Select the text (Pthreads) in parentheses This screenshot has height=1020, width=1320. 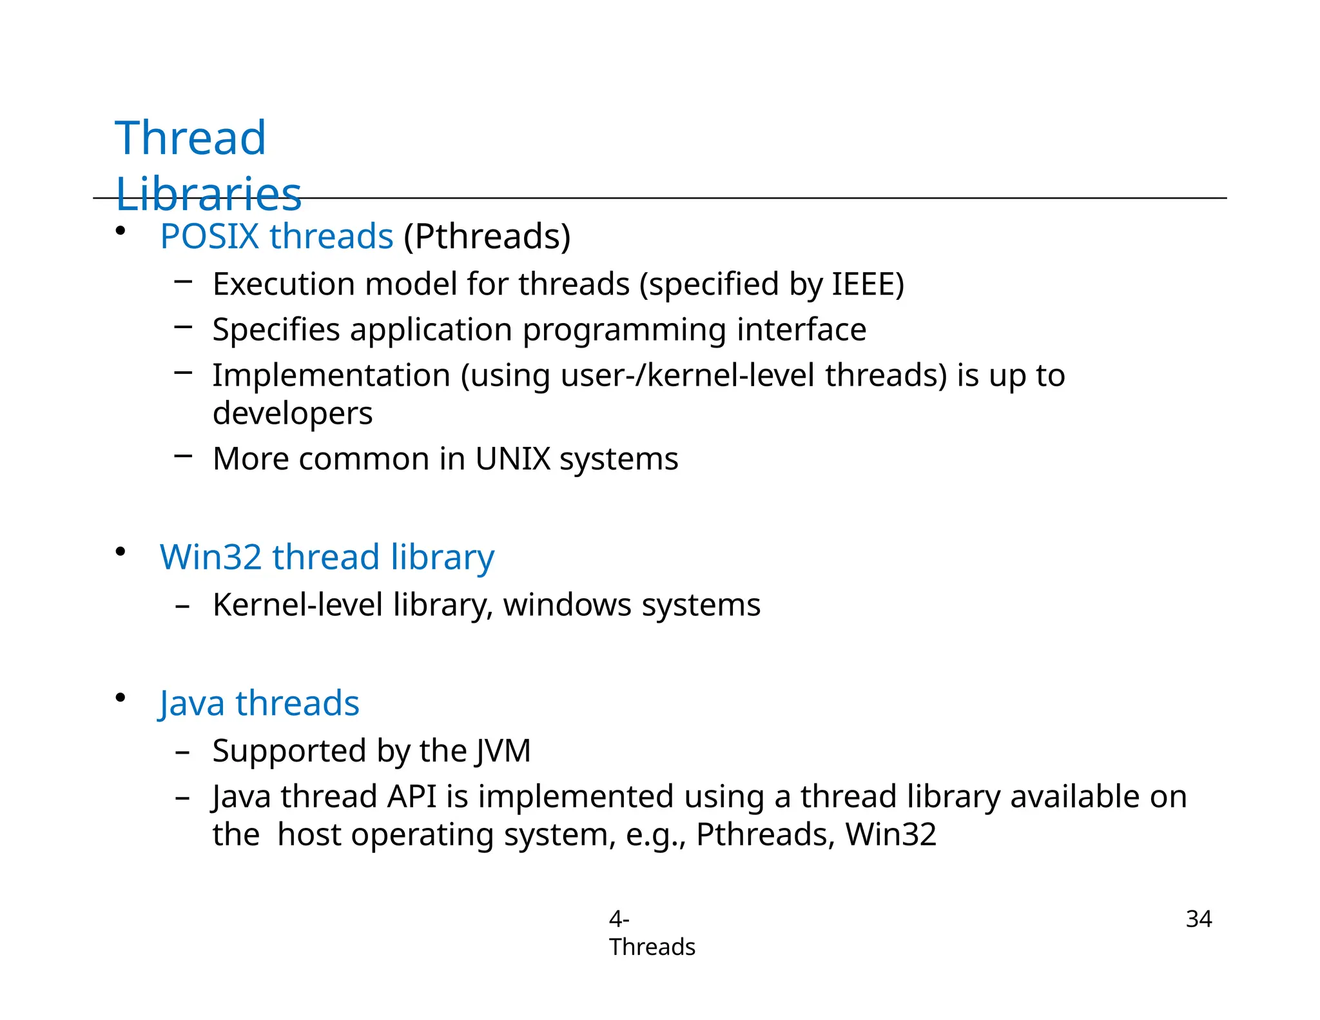point(487,237)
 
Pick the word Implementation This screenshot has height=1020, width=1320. point(331,375)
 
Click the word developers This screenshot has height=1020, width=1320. point(293,413)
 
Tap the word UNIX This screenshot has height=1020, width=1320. point(512,459)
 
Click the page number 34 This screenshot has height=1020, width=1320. point(1198,919)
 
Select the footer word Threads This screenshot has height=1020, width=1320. point(652,947)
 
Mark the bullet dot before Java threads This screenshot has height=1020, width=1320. point(121,698)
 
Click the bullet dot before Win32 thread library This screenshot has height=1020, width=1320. point(121,552)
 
